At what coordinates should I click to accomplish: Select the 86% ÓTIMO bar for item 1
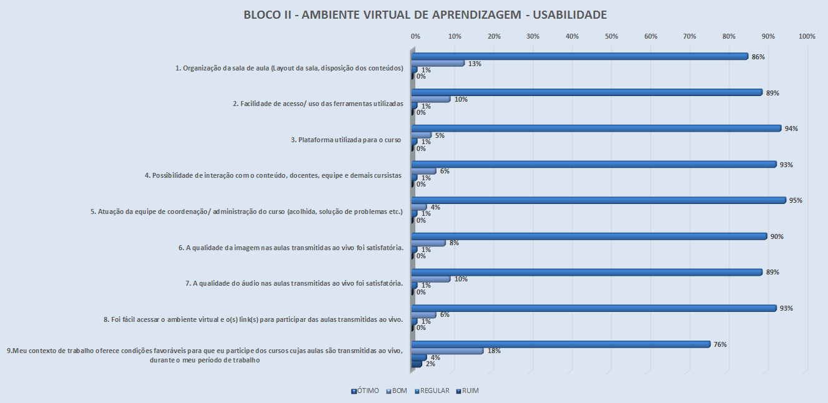pyautogui.click(x=579, y=56)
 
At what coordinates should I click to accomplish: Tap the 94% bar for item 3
pyautogui.click(x=596, y=128)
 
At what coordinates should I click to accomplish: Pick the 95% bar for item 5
pyautogui.click(x=598, y=200)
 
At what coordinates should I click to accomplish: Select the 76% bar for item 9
pyautogui.click(x=561, y=344)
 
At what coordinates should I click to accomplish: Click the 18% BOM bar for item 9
pyautogui.click(x=448, y=351)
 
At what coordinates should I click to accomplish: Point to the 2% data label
pyautogui.click(x=430, y=364)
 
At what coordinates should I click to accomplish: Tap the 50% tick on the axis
pyautogui.click(x=611, y=37)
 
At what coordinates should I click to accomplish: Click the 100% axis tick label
pyautogui.click(x=807, y=37)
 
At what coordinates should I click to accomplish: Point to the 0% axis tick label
pyautogui.click(x=415, y=37)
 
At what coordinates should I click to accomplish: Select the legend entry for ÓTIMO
pyautogui.click(x=366, y=391)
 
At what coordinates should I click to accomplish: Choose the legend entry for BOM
pyautogui.click(x=397, y=391)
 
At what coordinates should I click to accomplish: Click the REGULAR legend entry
pyautogui.click(x=432, y=391)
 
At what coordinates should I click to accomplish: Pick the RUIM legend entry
pyautogui.click(x=468, y=391)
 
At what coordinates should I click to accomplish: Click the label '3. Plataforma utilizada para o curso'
pyautogui.click(x=346, y=140)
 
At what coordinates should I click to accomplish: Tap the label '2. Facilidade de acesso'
pyautogui.click(x=322, y=104)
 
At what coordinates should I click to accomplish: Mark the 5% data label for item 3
pyautogui.click(x=440, y=135)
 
